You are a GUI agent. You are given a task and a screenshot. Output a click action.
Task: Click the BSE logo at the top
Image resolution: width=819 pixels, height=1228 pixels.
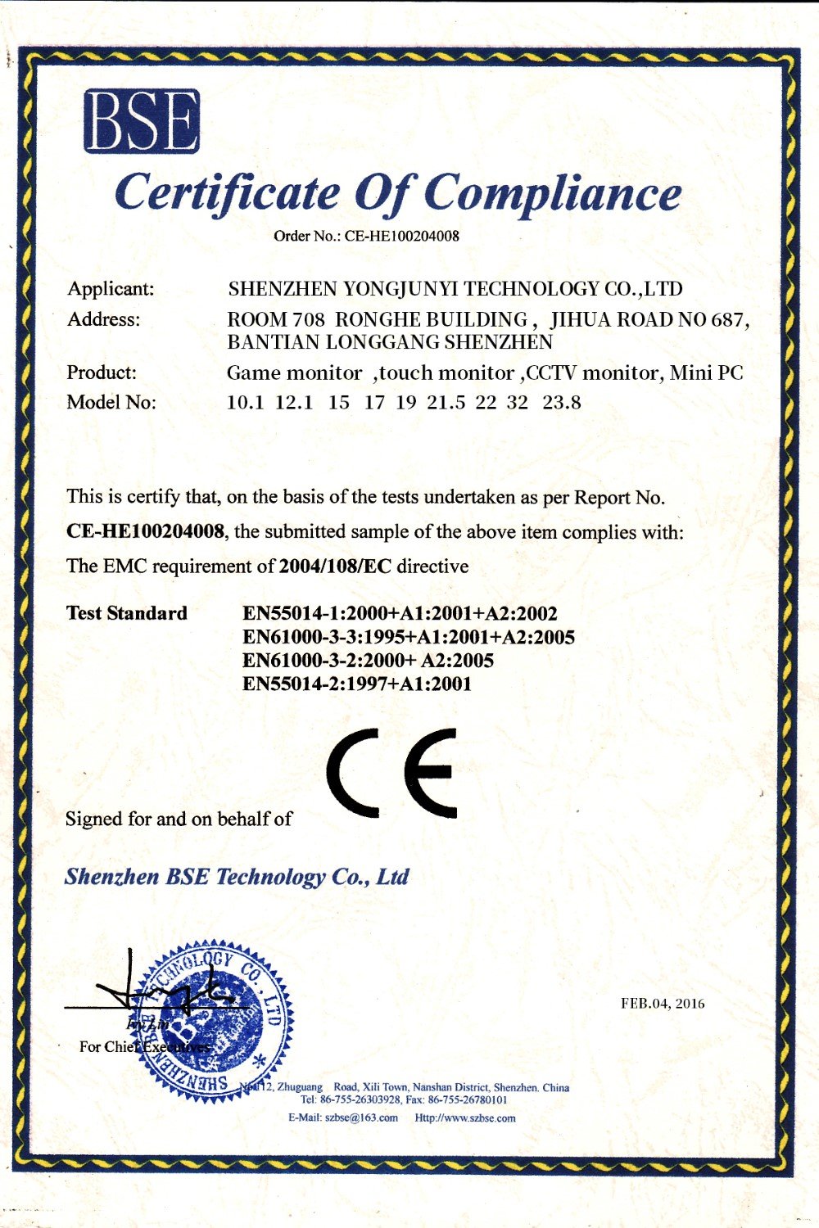pos(142,121)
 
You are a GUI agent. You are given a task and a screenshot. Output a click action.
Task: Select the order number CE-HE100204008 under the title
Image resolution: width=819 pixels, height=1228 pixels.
pos(401,237)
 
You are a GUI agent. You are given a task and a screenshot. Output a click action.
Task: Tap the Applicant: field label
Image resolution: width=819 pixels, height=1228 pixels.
pos(111,289)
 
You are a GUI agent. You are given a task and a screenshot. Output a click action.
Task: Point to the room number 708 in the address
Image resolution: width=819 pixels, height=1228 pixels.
pos(308,319)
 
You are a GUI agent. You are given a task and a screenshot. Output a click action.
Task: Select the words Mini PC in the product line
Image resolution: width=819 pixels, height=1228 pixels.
pos(706,373)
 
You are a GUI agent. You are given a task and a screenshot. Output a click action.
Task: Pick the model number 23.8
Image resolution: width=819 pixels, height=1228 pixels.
pos(562,403)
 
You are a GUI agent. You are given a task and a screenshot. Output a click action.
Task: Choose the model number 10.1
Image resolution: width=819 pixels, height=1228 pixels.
pos(245,403)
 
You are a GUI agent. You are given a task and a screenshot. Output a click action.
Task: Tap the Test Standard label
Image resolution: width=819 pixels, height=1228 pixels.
pos(127,613)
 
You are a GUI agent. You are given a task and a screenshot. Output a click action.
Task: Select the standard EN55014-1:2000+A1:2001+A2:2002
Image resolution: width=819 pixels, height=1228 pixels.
pos(400,614)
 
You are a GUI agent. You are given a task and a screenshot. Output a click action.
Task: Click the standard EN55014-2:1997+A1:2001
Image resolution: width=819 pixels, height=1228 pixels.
pos(357,684)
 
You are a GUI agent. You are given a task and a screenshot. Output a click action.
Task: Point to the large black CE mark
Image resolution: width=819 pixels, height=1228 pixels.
pos(391,772)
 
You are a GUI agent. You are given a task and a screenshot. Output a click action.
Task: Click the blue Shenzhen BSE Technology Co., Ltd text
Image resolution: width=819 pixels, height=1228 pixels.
pos(237,877)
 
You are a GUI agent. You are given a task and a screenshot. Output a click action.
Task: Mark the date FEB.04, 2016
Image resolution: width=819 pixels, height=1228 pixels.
pos(663,1004)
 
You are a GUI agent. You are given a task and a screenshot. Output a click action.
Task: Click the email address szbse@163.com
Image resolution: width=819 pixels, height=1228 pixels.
pos(361,1118)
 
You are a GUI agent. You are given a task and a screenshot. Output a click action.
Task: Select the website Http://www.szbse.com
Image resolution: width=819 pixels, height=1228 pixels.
pos(465,1118)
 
